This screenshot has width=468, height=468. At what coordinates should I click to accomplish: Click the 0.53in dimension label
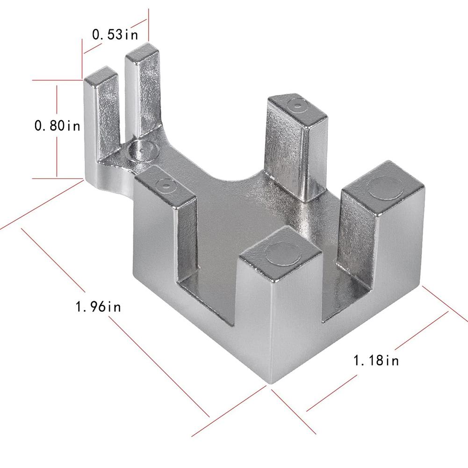(x=115, y=34)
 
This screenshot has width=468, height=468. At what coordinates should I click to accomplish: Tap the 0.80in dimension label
(x=58, y=125)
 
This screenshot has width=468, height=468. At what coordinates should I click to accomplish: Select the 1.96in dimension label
(x=99, y=307)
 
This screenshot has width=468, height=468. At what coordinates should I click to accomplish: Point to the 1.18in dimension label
(x=376, y=360)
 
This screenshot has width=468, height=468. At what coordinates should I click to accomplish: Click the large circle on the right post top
(x=386, y=187)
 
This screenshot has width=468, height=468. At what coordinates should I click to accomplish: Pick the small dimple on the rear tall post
(x=297, y=105)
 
